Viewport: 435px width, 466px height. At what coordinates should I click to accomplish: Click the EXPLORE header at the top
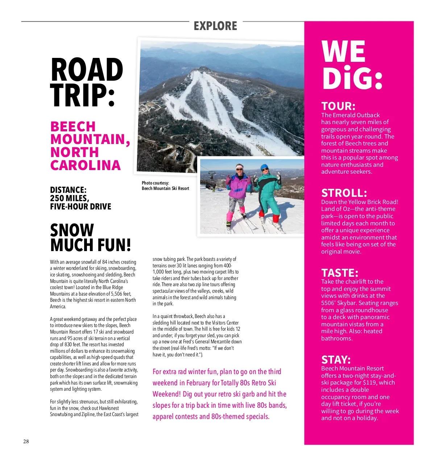(x=215, y=26)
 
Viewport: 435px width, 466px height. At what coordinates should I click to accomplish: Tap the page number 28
(x=26, y=441)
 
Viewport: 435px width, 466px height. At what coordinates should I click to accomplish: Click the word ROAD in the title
(x=87, y=70)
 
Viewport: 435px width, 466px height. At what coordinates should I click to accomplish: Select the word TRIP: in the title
(x=83, y=96)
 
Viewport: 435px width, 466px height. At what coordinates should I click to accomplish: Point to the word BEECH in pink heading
(x=73, y=127)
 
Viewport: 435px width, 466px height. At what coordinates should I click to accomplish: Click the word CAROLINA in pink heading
(x=86, y=165)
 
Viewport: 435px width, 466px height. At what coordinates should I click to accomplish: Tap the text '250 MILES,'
(x=70, y=198)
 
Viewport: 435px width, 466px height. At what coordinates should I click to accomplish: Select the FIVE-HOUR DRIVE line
(x=80, y=207)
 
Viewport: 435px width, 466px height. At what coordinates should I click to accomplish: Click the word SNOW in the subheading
(x=72, y=230)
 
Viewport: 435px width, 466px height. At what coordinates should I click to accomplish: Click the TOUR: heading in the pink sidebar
(x=338, y=106)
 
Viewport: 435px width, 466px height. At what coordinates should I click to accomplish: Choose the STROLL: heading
(x=344, y=193)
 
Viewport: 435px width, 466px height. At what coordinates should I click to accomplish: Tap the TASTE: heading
(x=340, y=273)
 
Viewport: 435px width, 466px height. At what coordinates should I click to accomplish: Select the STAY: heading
(x=336, y=360)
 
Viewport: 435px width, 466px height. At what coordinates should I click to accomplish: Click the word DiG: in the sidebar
(x=352, y=79)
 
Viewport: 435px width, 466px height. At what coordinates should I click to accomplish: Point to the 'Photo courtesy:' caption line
(x=155, y=183)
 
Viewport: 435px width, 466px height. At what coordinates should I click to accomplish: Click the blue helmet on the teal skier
(x=265, y=167)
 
